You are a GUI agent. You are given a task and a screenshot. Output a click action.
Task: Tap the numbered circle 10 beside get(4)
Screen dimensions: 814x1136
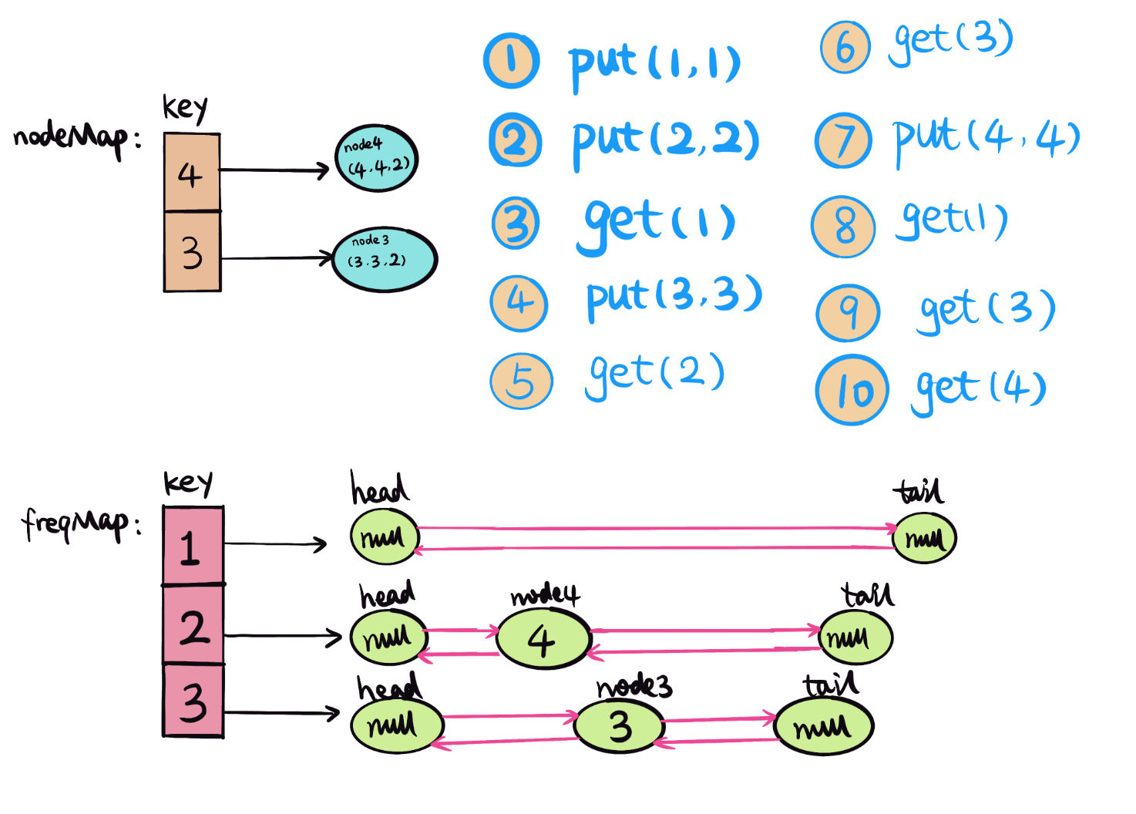(x=852, y=390)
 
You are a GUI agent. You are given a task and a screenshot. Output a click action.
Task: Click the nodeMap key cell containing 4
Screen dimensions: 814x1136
(x=192, y=173)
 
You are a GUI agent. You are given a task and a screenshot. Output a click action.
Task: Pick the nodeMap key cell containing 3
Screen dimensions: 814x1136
(x=192, y=252)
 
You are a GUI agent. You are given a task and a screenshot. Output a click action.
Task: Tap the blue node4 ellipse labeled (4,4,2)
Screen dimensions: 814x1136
(x=376, y=158)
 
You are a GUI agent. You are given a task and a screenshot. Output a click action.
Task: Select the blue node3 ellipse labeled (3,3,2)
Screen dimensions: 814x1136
(x=384, y=258)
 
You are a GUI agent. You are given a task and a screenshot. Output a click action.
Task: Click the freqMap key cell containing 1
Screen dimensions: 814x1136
(x=193, y=546)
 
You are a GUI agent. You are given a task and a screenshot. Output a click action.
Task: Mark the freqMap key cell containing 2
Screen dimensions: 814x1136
(x=193, y=625)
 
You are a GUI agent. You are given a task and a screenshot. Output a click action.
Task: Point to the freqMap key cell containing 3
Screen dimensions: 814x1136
(x=193, y=701)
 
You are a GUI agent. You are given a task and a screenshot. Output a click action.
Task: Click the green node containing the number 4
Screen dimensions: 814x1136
(x=543, y=638)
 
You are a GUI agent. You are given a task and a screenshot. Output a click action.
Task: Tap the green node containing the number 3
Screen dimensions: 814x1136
(x=619, y=726)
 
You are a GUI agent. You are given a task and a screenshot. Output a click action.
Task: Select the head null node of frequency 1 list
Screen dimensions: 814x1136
(x=384, y=536)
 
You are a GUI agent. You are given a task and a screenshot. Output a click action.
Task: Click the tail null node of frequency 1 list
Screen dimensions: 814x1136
(x=923, y=537)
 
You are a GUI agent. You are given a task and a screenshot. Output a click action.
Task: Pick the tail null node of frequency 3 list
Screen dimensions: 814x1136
(x=822, y=726)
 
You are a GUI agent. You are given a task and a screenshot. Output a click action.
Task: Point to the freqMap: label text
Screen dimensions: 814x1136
(x=82, y=524)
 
